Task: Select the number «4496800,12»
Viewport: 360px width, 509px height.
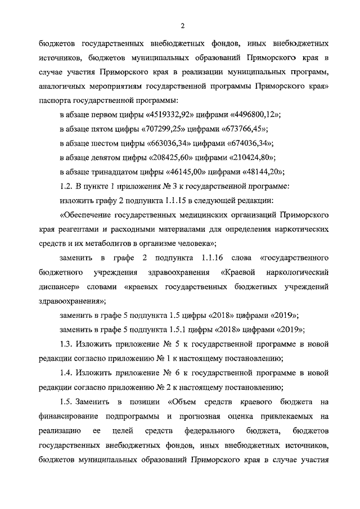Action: tap(256, 114)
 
